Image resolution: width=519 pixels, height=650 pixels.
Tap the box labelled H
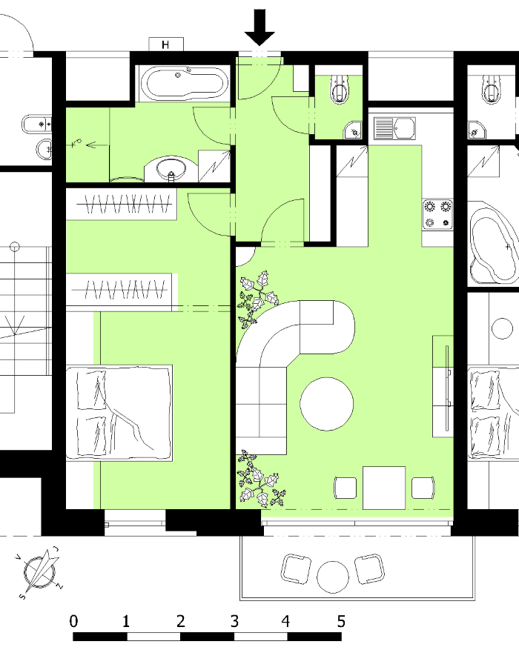[x=166, y=44]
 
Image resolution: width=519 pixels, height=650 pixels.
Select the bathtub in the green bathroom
[x=184, y=83]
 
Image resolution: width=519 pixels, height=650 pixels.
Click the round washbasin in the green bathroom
[x=171, y=169]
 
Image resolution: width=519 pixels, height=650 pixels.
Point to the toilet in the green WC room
[x=340, y=89]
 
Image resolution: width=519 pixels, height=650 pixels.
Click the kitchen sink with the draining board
[x=394, y=128]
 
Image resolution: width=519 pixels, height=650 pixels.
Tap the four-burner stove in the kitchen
[x=437, y=214]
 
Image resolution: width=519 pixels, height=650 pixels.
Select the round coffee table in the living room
[x=327, y=404]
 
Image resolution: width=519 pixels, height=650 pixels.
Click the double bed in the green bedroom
[x=119, y=413]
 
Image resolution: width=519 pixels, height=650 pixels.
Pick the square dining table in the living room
[x=384, y=488]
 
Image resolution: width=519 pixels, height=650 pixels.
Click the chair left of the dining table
[x=346, y=488]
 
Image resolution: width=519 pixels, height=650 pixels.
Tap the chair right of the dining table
[x=423, y=488]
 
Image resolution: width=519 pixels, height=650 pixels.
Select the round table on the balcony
[x=333, y=577]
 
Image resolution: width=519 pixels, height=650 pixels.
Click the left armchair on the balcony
[x=296, y=568]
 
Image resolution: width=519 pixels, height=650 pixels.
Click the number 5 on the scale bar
[x=341, y=621]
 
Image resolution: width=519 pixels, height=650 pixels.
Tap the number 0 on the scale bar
[x=73, y=621]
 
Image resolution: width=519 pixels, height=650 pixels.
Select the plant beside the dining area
[x=260, y=480]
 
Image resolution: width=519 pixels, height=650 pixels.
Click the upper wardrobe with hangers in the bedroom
[x=122, y=204]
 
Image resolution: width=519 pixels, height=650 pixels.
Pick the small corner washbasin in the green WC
[x=354, y=130]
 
